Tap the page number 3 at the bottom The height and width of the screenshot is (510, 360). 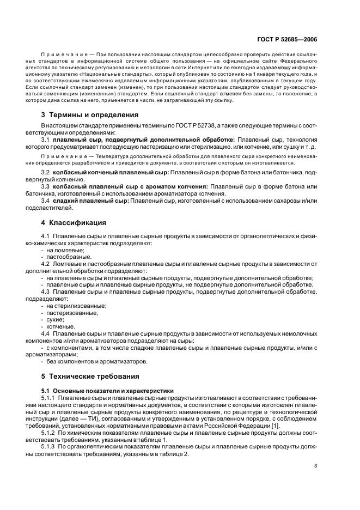tap(315, 466)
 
